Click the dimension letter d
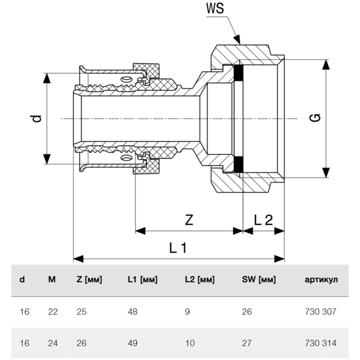tap(37, 119)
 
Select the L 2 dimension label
tap(263, 220)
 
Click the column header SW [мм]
tap(259, 280)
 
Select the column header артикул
tap(322, 280)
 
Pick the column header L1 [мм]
tap(142, 280)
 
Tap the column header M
tap(52, 280)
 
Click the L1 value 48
tap(133, 312)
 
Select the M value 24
tap(52, 344)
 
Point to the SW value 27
tap(247, 344)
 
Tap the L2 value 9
tap(188, 312)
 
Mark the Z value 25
tap(82, 312)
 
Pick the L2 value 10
tap(190, 344)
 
